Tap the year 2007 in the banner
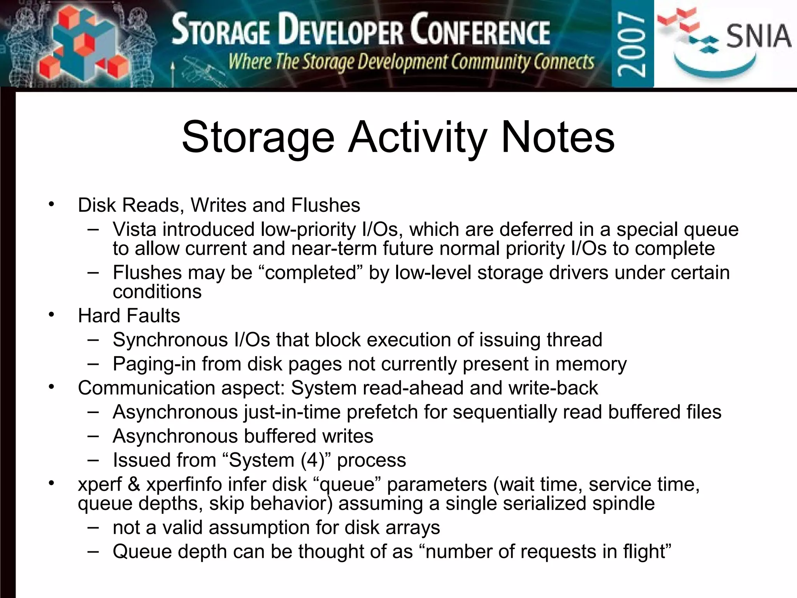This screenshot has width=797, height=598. pyautogui.click(x=632, y=44)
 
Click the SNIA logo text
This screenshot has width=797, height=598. pyautogui.click(x=758, y=36)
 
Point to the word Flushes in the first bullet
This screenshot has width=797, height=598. pyautogui.click(x=326, y=205)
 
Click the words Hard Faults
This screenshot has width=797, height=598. pyautogui.click(x=129, y=315)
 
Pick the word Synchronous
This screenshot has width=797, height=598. pyautogui.click(x=170, y=339)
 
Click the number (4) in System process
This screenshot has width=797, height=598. pyautogui.click(x=315, y=460)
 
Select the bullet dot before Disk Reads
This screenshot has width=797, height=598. pyautogui.click(x=51, y=204)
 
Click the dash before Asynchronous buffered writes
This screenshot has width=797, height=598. pyautogui.click(x=93, y=436)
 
